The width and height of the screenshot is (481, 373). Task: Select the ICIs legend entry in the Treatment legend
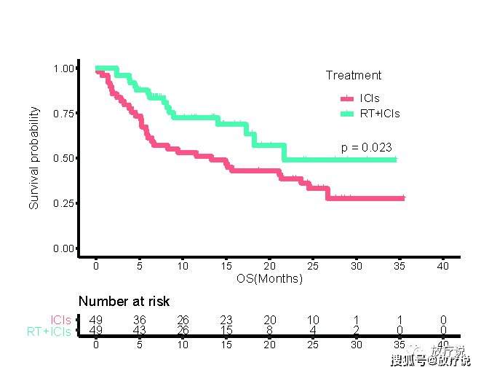coord(369,98)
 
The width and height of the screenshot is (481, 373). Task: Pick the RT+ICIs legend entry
coord(379,114)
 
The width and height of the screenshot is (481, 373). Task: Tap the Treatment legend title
coord(353,75)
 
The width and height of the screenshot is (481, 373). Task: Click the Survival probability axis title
coord(34,158)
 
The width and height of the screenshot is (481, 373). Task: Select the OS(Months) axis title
coord(269,278)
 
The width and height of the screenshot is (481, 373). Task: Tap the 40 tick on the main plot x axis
coord(443,266)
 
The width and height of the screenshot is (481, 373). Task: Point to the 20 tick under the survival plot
coord(270,266)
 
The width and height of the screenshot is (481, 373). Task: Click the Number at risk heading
coord(124,302)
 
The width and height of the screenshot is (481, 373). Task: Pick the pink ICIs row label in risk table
coord(61,320)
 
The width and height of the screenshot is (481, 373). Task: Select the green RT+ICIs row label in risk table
coord(49,331)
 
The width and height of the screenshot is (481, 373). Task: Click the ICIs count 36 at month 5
coord(140,320)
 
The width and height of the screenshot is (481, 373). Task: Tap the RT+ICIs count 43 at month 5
coord(140,331)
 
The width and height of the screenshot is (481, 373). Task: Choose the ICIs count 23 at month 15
coord(226,320)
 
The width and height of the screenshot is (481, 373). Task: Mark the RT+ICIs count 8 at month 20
coord(270,331)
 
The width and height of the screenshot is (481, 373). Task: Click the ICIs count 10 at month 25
coord(313,320)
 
